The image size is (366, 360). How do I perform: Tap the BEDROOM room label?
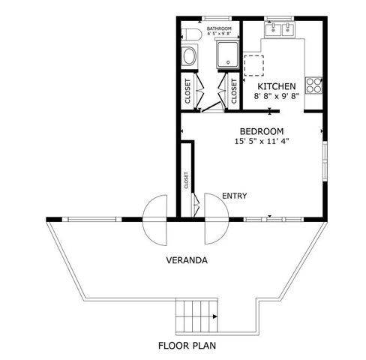(x=262, y=130)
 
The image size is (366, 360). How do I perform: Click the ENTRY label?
(x=235, y=196)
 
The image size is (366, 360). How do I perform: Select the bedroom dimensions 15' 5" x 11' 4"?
(x=262, y=140)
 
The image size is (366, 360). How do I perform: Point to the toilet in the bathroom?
(x=189, y=37)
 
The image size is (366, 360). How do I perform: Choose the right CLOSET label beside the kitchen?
(x=233, y=90)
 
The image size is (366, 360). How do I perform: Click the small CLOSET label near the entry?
(x=186, y=180)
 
